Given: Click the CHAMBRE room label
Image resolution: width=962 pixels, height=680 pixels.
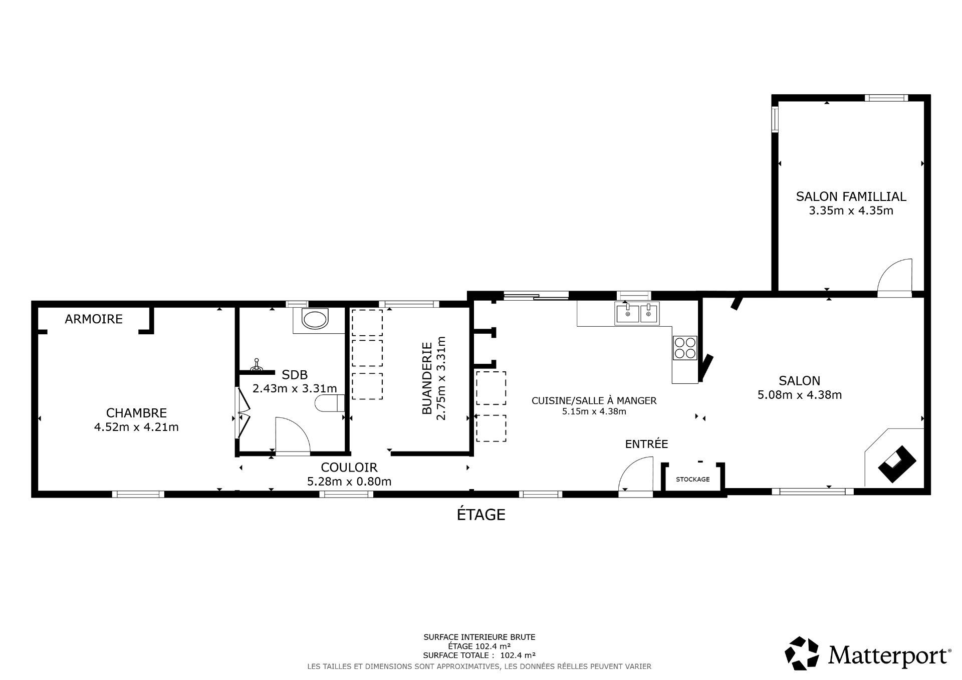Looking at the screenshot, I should click(x=136, y=413).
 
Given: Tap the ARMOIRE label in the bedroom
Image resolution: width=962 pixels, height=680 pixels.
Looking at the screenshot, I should click(x=94, y=319).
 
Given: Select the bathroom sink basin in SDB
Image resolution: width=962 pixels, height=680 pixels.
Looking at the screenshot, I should click(x=315, y=319).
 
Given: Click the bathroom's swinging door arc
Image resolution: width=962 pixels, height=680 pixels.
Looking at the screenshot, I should click(x=293, y=435).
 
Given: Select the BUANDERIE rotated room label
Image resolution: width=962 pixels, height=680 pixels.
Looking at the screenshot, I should click(x=427, y=378).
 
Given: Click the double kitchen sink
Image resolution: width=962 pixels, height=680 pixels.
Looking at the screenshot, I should click(x=637, y=314).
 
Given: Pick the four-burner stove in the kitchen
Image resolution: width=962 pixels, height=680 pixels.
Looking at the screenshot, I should click(x=685, y=347).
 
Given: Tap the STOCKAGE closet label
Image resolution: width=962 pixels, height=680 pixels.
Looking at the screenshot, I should click(x=692, y=480).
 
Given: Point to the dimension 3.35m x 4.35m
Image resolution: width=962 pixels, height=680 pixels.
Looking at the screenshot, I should click(x=851, y=210).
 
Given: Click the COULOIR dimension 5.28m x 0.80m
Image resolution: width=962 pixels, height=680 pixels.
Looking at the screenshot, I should click(x=349, y=482).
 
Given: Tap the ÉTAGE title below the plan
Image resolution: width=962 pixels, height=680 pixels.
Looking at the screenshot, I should click(x=481, y=515).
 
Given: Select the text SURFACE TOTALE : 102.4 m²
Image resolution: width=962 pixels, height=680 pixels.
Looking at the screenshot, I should click(x=479, y=655).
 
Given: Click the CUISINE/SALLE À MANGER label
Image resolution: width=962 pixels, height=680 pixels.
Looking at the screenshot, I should click(x=594, y=400).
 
